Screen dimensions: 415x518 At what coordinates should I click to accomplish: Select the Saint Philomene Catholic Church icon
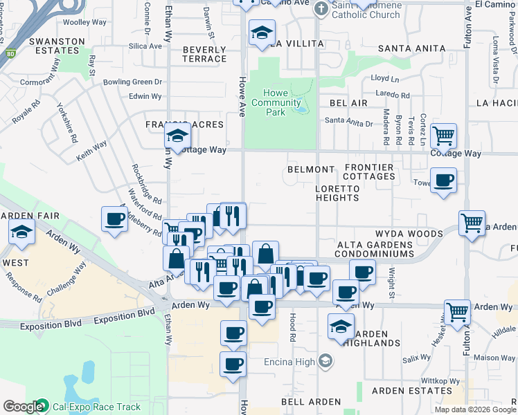[321, 8]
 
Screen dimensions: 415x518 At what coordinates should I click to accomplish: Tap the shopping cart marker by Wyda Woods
[472, 223]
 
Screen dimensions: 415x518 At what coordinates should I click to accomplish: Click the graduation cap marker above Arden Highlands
[341, 325]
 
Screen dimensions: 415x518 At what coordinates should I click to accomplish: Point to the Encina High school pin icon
[326, 361]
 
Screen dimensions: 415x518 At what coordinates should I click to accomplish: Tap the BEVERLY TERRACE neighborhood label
[204, 55]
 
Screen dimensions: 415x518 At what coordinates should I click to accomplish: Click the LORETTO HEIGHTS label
[337, 193]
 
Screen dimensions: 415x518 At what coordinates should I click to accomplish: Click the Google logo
[24, 407]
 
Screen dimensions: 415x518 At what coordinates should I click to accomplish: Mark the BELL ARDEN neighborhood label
[311, 402]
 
